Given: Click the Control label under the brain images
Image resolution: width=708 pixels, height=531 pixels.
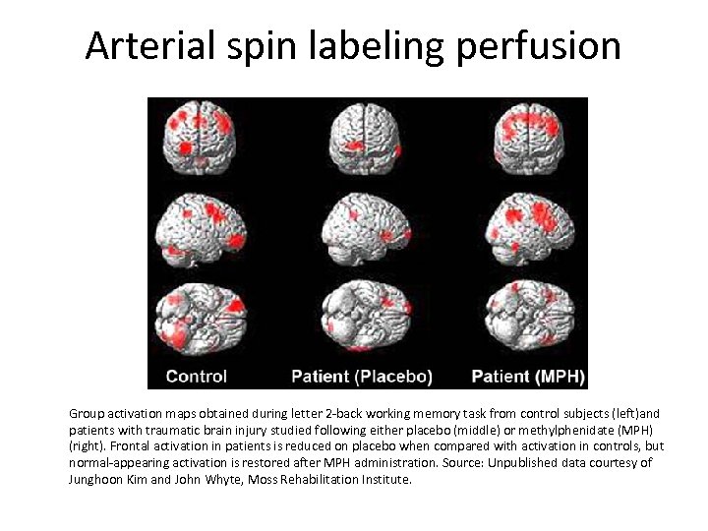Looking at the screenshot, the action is [197, 376].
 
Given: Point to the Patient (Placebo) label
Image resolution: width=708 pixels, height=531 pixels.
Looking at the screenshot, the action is [362, 376].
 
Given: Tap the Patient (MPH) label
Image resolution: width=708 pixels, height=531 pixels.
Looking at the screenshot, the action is [526, 376].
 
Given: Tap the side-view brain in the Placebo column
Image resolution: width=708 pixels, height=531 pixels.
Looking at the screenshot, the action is [365, 228].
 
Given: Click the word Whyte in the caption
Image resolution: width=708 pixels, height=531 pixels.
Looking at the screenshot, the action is [226, 480].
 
